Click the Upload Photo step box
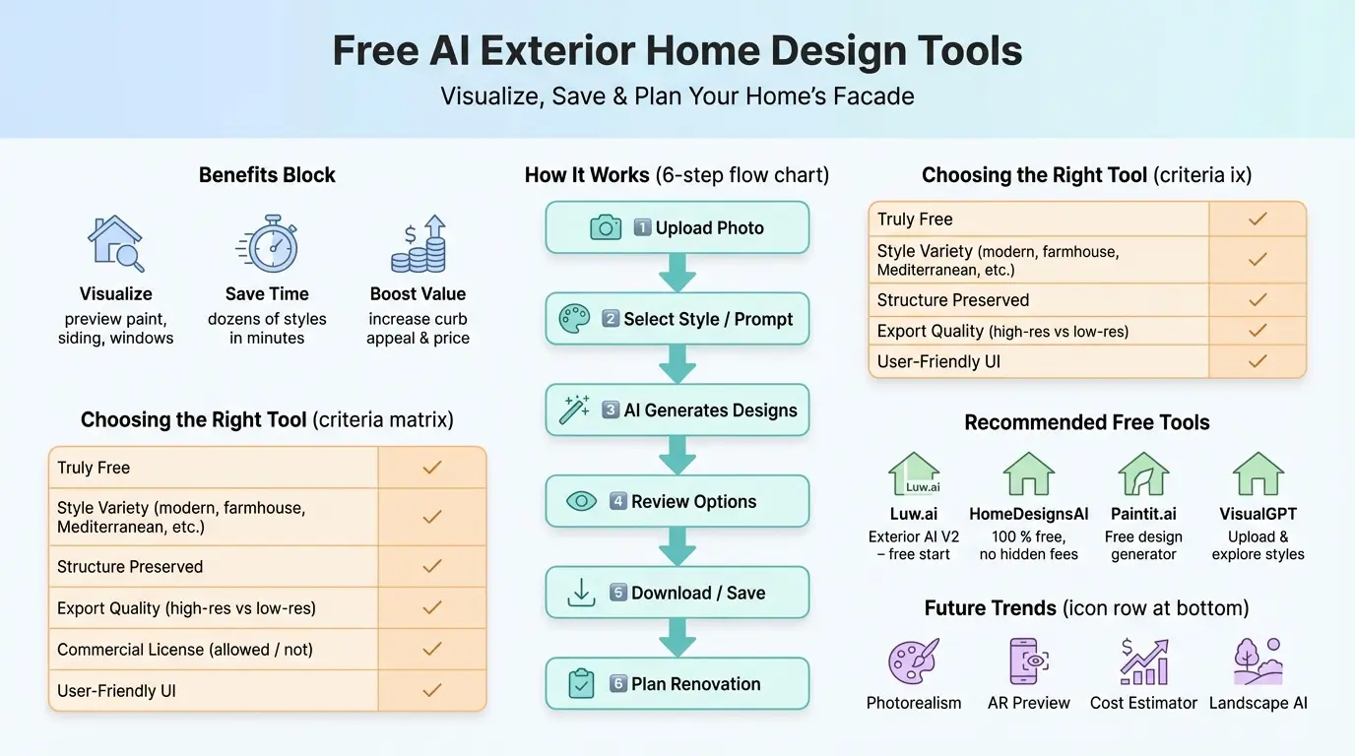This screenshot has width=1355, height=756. coord(677,227)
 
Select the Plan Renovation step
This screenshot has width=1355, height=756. coord(677,684)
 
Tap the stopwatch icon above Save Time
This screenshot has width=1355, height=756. coord(266,244)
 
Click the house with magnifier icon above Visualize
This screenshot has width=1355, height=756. coord(116,244)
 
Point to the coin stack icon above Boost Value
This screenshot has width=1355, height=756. coord(419,244)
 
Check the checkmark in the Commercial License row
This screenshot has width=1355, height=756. coord(431,650)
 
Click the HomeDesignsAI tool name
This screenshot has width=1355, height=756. coord(1028,514)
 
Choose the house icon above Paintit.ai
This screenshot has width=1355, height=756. coord(1143,474)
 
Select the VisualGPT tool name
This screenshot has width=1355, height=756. coord(1258,514)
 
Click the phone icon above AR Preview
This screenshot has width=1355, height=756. coord(1028,661)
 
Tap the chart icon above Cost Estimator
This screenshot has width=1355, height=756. coord(1143,661)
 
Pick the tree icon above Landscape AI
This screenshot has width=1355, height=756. coord(1258,661)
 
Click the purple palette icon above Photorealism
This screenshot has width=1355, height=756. coord(914,661)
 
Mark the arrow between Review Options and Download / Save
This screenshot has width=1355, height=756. coord(677,545)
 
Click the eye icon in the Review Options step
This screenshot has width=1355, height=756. coord(581,501)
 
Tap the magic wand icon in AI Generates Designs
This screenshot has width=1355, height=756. coord(574,409)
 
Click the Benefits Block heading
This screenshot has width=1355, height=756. coord(267,175)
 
